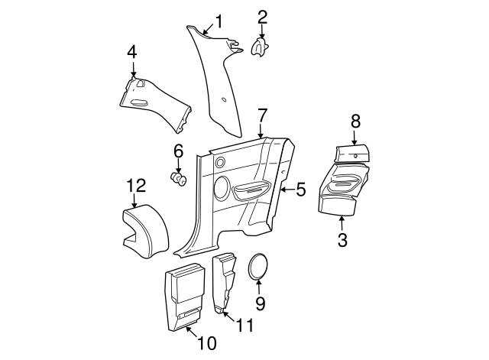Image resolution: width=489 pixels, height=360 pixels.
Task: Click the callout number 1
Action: tap(219, 21)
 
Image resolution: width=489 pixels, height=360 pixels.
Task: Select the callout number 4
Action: tap(131, 53)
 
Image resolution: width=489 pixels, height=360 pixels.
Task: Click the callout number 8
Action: tap(355, 122)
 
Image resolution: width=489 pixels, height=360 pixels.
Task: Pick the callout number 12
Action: tap(135, 185)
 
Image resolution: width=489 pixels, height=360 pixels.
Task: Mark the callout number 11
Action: tap(244, 326)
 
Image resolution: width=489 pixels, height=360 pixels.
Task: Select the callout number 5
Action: tap(301, 189)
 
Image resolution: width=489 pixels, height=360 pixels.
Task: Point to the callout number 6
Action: tap(178, 151)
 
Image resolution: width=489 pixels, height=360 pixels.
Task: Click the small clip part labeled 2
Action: tap(262, 47)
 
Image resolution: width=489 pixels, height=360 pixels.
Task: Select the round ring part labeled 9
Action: tap(258, 269)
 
